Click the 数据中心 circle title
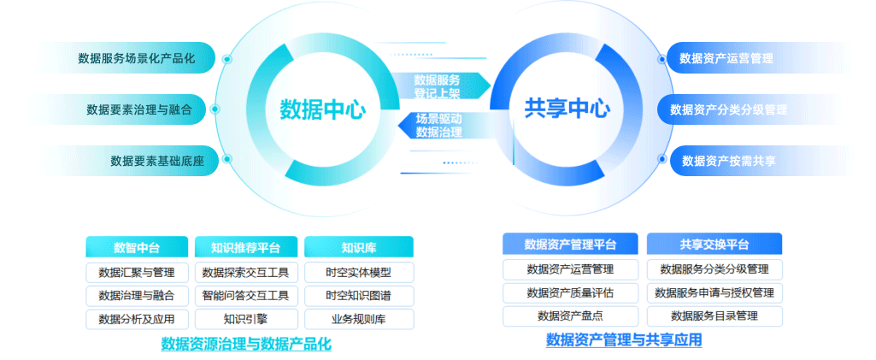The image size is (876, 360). (x=323, y=109)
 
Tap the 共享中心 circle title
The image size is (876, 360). (x=567, y=109)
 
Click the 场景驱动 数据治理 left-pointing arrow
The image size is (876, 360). (x=436, y=125)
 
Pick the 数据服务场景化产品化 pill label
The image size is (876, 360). (x=137, y=58)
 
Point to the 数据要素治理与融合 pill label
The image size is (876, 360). (x=139, y=109)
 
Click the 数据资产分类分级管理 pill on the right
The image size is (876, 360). (x=728, y=109)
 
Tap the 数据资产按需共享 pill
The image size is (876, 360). (x=728, y=161)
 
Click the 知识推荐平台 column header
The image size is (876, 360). (x=246, y=247)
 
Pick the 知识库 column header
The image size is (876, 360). (x=359, y=247)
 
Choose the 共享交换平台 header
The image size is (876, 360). (x=714, y=245)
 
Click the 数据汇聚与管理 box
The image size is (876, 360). (x=137, y=272)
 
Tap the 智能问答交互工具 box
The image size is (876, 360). (x=246, y=296)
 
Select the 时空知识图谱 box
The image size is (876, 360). (x=359, y=296)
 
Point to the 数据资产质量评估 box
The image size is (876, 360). (x=570, y=292)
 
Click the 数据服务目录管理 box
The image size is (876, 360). (x=714, y=316)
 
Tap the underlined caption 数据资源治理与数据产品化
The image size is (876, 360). (x=246, y=344)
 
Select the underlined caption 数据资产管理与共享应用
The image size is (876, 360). (x=624, y=339)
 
